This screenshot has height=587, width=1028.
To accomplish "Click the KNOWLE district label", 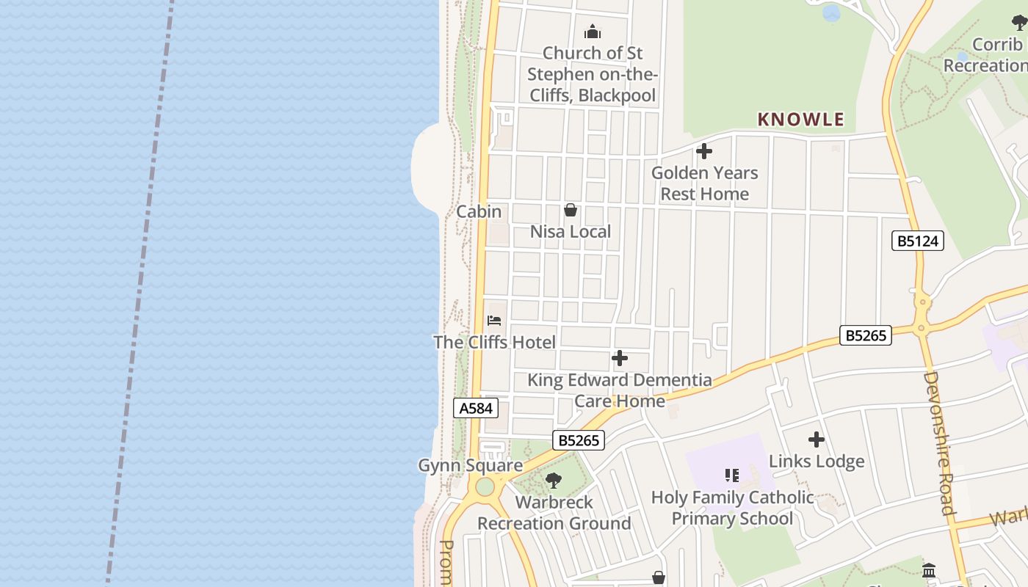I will click(800, 120).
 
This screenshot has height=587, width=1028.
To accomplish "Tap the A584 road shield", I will click(476, 408).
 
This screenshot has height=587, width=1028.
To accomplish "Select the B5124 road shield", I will click(917, 241).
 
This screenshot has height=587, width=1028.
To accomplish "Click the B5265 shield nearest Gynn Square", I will click(579, 440).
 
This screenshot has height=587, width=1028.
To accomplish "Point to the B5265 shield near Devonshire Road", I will click(866, 335).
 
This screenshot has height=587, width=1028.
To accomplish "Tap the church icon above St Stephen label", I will click(593, 32).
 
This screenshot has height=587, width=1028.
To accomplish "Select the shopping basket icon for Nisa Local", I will click(571, 211).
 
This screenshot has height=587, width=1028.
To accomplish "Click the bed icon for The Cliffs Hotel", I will click(494, 321).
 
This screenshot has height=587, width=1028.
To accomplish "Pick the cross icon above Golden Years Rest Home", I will click(704, 151).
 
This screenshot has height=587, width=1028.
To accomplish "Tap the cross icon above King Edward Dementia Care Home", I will click(620, 358).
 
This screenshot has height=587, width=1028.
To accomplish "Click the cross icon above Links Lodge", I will click(817, 440).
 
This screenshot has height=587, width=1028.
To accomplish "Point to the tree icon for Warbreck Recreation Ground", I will click(554, 481).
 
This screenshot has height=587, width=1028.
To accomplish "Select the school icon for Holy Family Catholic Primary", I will click(732, 475).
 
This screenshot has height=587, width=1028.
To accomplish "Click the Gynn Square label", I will click(470, 465).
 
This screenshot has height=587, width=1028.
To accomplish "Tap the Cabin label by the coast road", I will click(479, 211).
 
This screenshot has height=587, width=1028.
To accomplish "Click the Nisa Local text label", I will click(571, 232).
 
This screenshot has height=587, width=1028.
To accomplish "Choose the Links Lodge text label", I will click(817, 462).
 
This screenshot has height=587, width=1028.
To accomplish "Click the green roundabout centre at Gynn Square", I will click(485, 486).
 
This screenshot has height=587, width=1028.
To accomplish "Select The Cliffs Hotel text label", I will click(494, 342).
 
